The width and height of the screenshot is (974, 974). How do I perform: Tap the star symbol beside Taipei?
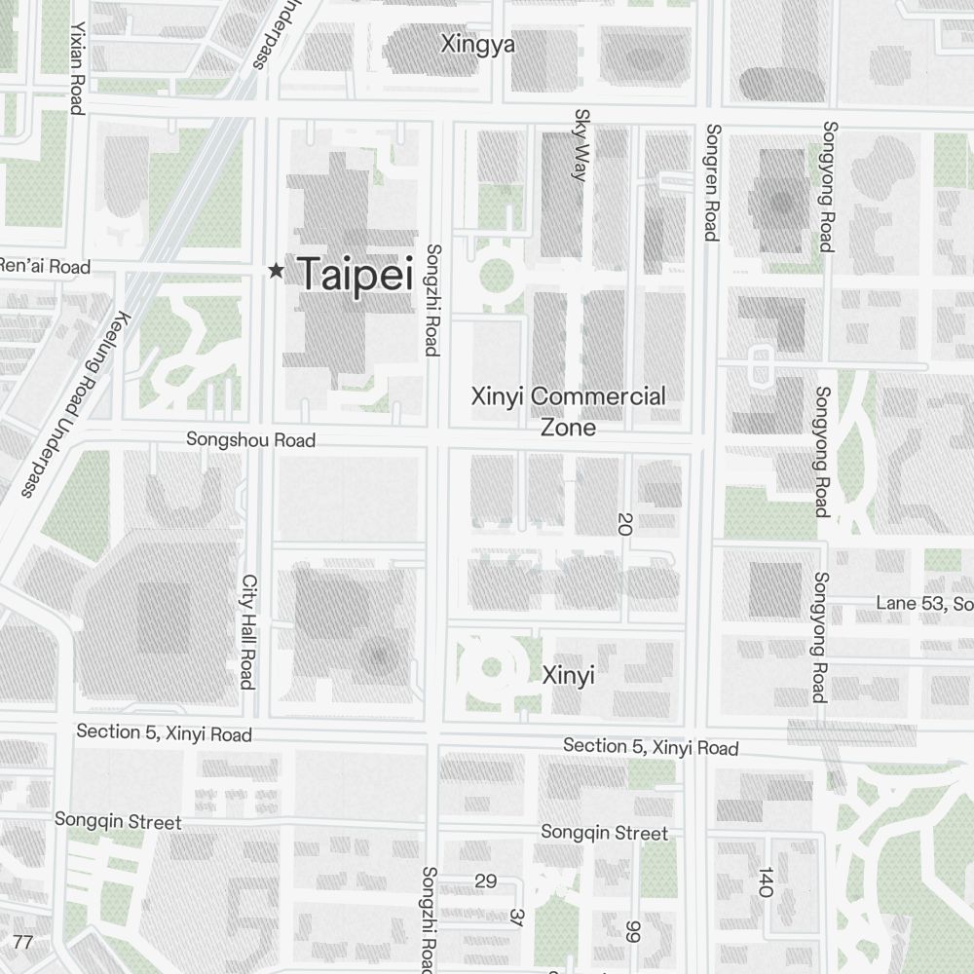tap(277, 271)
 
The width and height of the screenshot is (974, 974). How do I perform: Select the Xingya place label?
tap(477, 45)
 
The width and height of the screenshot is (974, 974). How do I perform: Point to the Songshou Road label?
tap(251, 440)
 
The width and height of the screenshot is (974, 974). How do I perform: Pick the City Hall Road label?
tap(247, 630)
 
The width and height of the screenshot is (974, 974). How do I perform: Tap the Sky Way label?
tap(581, 145)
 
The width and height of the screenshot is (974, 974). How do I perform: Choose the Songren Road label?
tap(712, 182)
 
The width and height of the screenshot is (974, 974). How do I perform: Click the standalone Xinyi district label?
tap(568, 675)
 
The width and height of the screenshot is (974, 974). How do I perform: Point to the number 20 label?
tap(624, 524)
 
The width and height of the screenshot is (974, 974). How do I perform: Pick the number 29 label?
tap(485, 881)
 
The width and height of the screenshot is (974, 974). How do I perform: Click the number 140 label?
tap(765, 881)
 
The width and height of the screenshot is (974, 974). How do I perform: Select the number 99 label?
tap(634, 931)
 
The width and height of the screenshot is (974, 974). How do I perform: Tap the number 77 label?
tap(23, 942)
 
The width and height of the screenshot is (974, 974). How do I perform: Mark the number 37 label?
tap(515, 918)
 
